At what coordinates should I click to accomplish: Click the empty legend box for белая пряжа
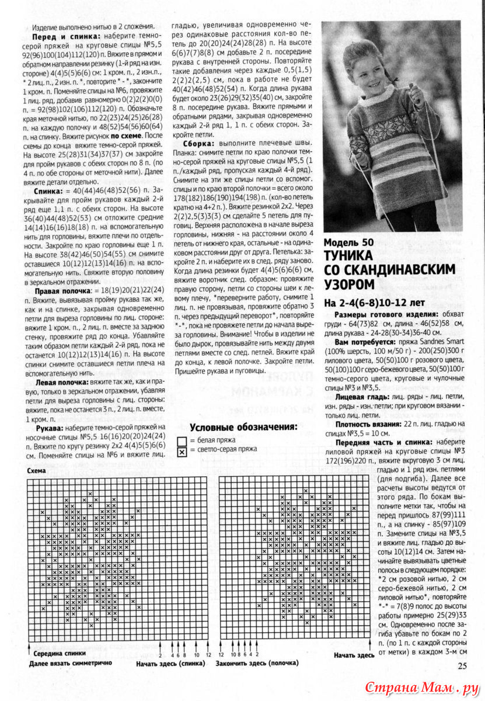183,441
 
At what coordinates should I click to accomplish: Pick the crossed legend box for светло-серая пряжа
183,451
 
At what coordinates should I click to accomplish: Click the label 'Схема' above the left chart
37,470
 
